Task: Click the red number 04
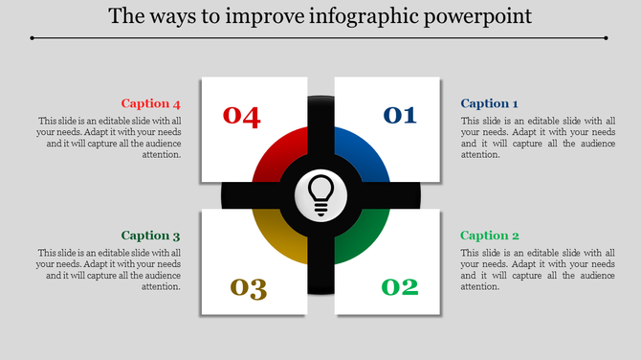pos(242,116)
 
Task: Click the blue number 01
pos(400,116)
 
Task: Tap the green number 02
pos(400,286)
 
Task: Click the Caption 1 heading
pos(489,103)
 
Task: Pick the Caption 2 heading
pos(489,236)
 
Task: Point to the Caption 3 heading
pos(150,236)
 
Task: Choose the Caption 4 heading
pos(150,103)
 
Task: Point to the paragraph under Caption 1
pos(537,137)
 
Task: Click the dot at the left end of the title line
pos(32,38)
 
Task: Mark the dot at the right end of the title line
pos(607,38)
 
